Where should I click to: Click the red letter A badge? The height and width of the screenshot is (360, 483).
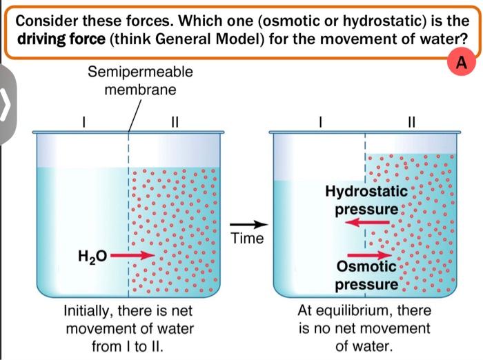coord(462,63)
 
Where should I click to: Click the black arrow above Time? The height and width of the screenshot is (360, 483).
coord(248,225)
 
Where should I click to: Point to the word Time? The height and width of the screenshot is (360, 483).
coord(248,239)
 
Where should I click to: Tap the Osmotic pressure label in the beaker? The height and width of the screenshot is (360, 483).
coord(366,275)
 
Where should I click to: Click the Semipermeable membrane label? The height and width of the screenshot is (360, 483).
coord(141,81)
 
